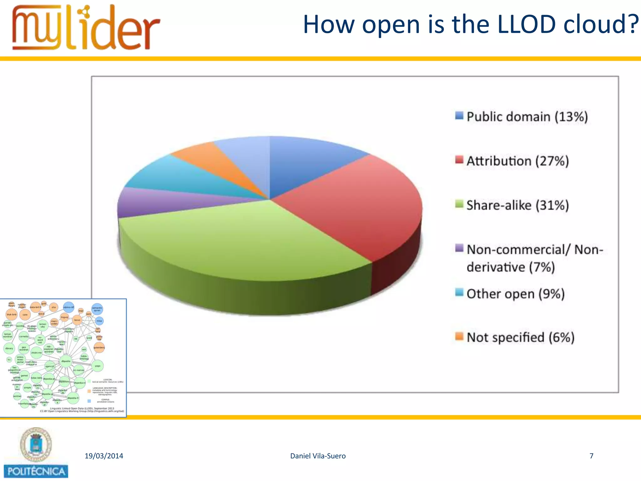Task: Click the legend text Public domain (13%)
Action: (x=527, y=117)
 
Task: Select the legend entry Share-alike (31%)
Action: (x=517, y=205)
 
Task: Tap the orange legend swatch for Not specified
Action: (x=459, y=337)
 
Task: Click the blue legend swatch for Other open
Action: (x=459, y=292)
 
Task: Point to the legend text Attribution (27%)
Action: (x=517, y=161)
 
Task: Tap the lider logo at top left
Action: (x=86, y=28)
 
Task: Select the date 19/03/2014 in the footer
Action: (x=104, y=456)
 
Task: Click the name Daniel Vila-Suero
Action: (x=318, y=456)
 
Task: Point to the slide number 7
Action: (x=591, y=456)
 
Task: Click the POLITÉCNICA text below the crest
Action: (x=36, y=471)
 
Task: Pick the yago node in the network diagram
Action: (x=98, y=366)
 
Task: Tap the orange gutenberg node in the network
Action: (x=99, y=348)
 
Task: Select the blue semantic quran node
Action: (x=97, y=309)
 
